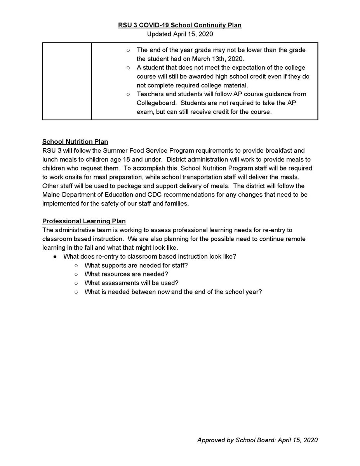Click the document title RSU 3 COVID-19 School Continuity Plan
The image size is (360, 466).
pos(180,26)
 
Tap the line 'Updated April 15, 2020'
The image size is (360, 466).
pos(180,34)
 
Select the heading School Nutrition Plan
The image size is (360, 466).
pos(75,142)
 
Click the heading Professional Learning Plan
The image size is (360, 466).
pos(84,221)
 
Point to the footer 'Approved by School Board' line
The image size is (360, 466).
pos(257,440)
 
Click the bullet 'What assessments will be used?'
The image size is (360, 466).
pos(131,283)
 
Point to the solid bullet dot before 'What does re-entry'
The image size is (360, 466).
pos(56,256)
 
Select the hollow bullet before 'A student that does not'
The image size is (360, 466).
pos(128,68)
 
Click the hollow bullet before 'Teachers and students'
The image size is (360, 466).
pos(128,94)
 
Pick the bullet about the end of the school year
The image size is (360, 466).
pos(173,291)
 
